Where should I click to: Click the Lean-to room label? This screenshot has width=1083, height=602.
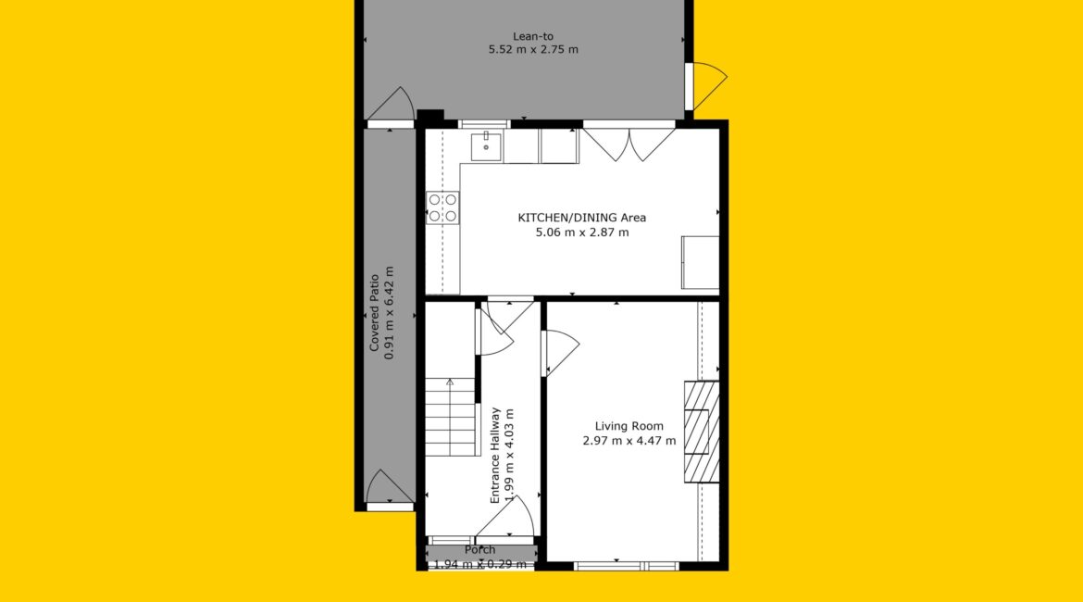[x=532, y=36]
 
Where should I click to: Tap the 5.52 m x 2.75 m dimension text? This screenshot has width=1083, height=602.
[x=533, y=49]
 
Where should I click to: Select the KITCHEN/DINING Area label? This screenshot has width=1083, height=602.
[x=582, y=218]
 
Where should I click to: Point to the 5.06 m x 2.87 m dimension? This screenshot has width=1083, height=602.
[x=582, y=232]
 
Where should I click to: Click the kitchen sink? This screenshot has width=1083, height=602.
[x=486, y=147]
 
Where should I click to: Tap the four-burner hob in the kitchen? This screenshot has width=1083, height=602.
[x=442, y=208]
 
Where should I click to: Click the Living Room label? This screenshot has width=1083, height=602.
[x=629, y=426]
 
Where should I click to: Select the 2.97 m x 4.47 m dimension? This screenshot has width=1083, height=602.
[x=629, y=440]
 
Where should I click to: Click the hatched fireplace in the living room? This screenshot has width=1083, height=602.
[x=702, y=432]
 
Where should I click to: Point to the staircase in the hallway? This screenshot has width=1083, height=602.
[x=452, y=417]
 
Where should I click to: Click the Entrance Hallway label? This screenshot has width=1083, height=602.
[x=494, y=456]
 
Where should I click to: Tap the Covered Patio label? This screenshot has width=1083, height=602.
[x=374, y=313]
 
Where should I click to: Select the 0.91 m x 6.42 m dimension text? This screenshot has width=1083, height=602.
[x=389, y=313]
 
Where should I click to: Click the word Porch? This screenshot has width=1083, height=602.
[x=480, y=549]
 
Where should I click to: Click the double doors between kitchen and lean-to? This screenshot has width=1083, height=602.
[x=629, y=143]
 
